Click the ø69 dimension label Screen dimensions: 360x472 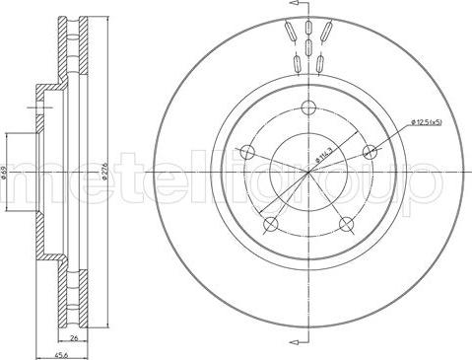(6, 173)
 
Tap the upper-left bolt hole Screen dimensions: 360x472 (247, 153)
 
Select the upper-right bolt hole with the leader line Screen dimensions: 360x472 (371, 152)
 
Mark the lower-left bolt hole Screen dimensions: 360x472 (271, 225)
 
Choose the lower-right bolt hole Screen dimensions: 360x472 (347, 225)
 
